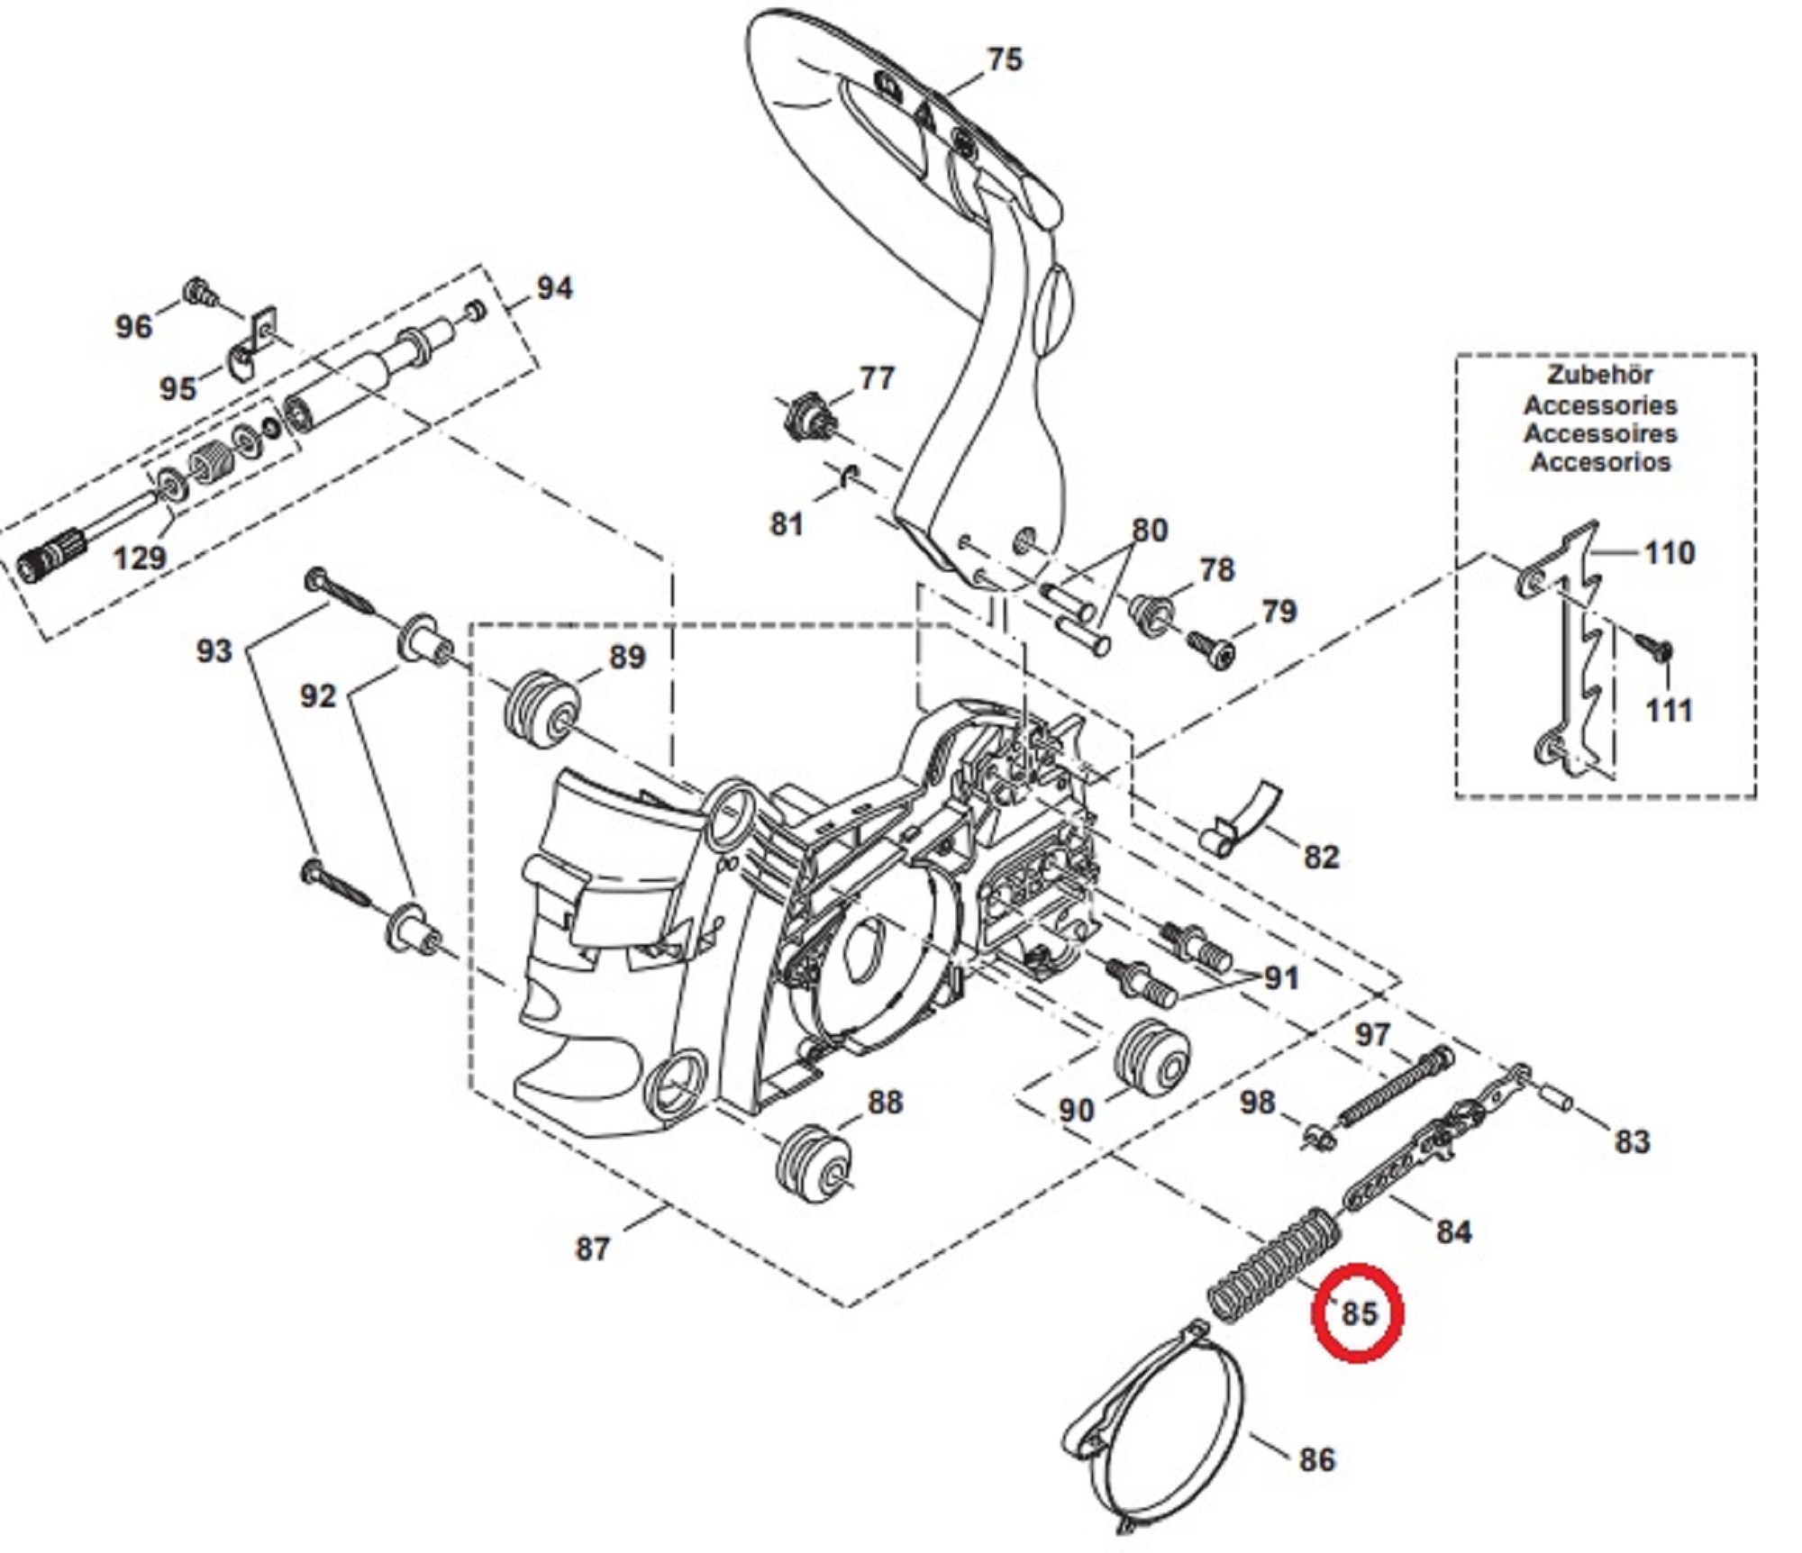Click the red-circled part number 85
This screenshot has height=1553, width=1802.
[1359, 1312]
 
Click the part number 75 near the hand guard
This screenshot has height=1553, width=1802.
[1005, 59]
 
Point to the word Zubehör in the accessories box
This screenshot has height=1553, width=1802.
[1600, 374]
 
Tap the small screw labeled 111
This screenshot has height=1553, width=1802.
[1655, 646]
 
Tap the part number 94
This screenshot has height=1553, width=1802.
[554, 288]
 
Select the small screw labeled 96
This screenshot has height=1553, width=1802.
[198, 292]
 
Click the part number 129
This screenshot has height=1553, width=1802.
[140, 558]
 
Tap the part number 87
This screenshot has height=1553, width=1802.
[592, 1249]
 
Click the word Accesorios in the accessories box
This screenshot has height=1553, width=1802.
[1600, 462]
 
